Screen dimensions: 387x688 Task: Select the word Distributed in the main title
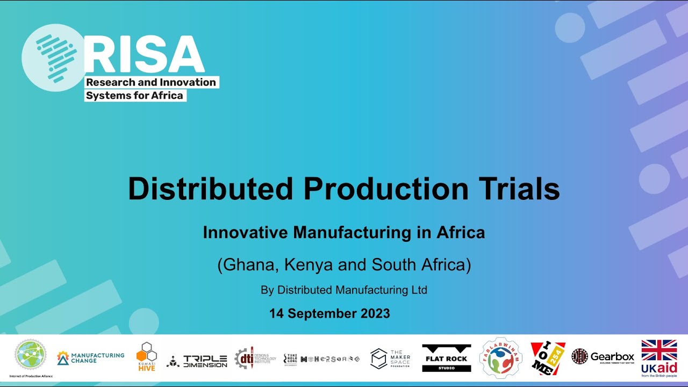tap(210, 189)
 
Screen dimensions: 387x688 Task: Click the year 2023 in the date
tap(372, 313)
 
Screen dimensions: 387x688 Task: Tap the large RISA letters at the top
tap(145, 55)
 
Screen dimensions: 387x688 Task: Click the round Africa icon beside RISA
tap(53, 58)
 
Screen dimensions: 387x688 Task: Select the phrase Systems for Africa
tap(134, 96)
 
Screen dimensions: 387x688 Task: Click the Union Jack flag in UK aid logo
tap(659, 350)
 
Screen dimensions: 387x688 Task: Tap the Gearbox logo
tap(603, 356)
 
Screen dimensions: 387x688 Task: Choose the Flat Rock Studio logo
tap(446, 358)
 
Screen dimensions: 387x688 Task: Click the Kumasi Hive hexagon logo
tap(146, 356)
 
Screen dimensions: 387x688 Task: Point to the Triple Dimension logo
tap(197, 361)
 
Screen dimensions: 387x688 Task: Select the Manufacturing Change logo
tap(91, 358)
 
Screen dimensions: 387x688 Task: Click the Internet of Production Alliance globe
tap(31, 355)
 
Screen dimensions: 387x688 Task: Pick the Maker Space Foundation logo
tap(391, 359)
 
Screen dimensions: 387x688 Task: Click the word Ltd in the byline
tap(419, 290)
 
